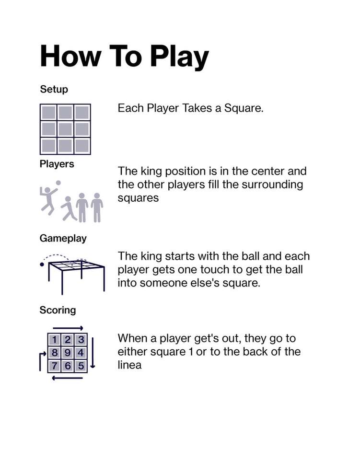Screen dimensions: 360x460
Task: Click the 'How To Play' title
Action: [125, 56]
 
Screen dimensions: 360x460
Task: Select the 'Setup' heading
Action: [54, 89]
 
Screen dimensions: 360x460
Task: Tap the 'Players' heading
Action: [57, 164]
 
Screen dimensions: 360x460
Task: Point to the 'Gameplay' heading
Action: [63, 238]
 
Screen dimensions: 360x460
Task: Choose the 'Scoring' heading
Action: [58, 310]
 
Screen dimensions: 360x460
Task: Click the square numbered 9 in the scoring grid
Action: [68, 353]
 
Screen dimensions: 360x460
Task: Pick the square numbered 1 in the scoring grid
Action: [54, 340]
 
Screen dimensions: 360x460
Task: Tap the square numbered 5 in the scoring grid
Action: [81, 366]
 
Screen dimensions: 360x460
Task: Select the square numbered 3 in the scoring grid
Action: [81, 340]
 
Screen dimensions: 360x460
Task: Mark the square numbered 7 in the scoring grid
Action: [54, 366]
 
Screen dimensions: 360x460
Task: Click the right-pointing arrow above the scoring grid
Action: [68, 328]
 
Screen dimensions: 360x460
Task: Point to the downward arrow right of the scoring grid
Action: [93, 353]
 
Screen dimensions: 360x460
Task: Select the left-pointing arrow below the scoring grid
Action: [67, 378]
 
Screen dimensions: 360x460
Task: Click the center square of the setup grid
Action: [65, 129]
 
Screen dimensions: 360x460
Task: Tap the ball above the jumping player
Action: [58, 183]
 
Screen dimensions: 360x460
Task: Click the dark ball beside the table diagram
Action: [42, 264]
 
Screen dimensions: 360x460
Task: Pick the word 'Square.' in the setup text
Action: [244, 109]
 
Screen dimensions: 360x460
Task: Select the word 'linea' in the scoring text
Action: [130, 365]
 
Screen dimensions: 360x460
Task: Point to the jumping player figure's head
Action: [47, 190]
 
